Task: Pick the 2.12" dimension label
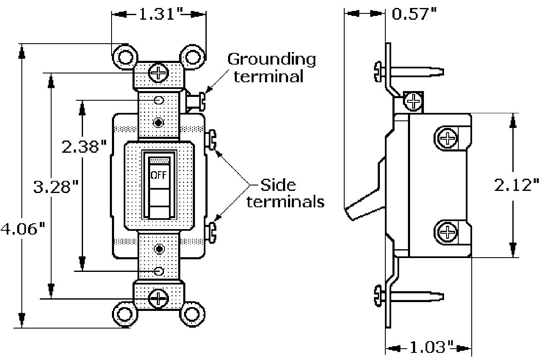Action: pos(516,185)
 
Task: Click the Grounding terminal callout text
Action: pos(272,68)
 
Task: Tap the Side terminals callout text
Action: pos(286,193)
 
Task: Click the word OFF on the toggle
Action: pos(159,175)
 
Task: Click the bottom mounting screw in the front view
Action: pos(159,298)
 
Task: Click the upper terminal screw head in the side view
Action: pos(448,138)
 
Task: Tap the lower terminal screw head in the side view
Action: pos(448,231)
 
